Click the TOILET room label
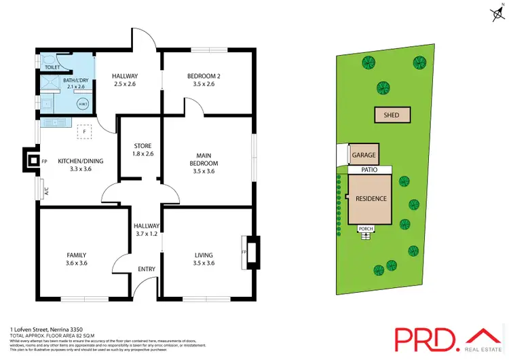[x=52, y=68]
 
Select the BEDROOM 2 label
[x=201, y=75]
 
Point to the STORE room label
[x=143, y=146]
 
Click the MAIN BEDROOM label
[x=204, y=160]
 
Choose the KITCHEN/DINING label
[x=81, y=160]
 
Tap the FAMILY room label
[x=75, y=255]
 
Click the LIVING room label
[x=204, y=255]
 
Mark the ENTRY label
[x=147, y=269]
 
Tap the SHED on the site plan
[x=392, y=115]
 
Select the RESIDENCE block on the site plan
[x=371, y=198]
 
